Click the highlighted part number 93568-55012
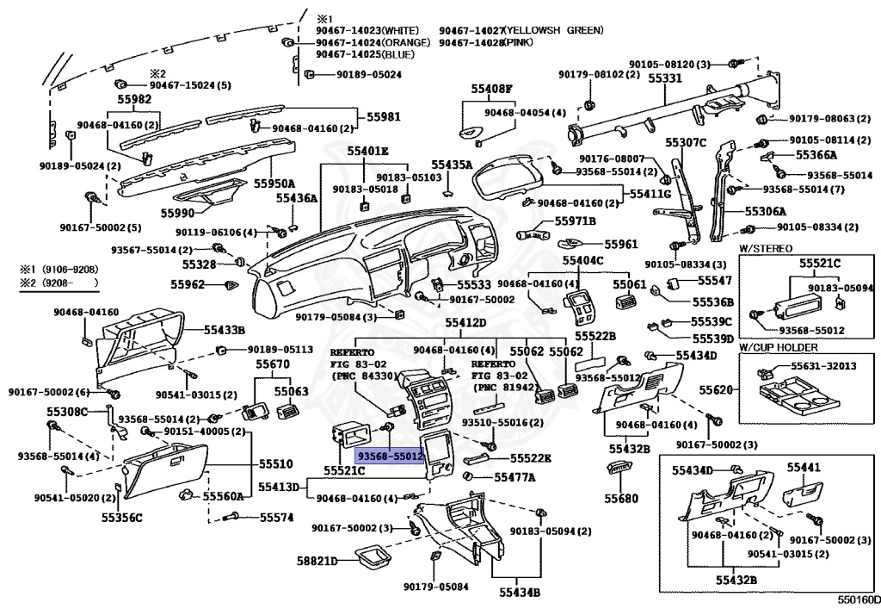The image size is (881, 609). coord(390,457)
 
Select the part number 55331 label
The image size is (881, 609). coord(665,78)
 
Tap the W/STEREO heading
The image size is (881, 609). coord(765,249)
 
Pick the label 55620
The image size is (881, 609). coord(716,389)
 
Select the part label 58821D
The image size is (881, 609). coord(317,562)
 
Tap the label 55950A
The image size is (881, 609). coord(274,183)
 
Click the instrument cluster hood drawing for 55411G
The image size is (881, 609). coord(508,175)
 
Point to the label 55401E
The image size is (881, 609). coord(367,151)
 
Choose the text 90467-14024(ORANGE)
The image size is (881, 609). coord(373,42)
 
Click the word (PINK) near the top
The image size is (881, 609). coord(518,42)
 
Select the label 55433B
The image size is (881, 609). coord(225,330)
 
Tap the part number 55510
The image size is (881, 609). coord(276,464)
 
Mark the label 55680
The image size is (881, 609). coord(621,498)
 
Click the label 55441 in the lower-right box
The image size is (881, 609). coord(804,467)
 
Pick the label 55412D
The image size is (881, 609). coord(465,322)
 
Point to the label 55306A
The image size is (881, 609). coord(765,211)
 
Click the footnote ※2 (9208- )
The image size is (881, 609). coord(59,283)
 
